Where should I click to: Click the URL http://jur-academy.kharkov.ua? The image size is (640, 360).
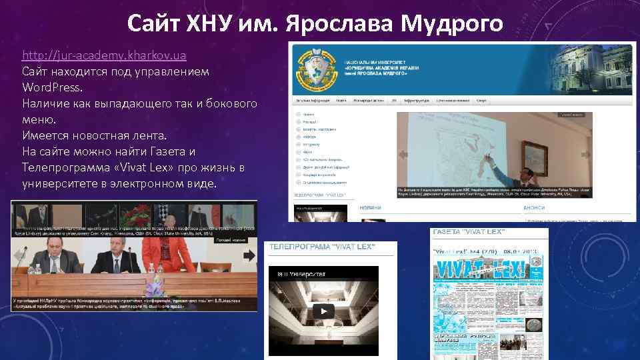pyautogui.click(x=104, y=55)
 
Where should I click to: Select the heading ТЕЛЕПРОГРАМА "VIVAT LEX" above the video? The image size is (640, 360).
pyautogui.click(x=322, y=247)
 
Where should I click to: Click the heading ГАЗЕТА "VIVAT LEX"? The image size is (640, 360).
pyautogui.click(x=469, y=231)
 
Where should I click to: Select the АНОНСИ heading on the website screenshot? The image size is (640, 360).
pyautogui.click(x=535, y=207)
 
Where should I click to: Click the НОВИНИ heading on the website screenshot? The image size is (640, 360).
pyautogui.click(x=370, y=207)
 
